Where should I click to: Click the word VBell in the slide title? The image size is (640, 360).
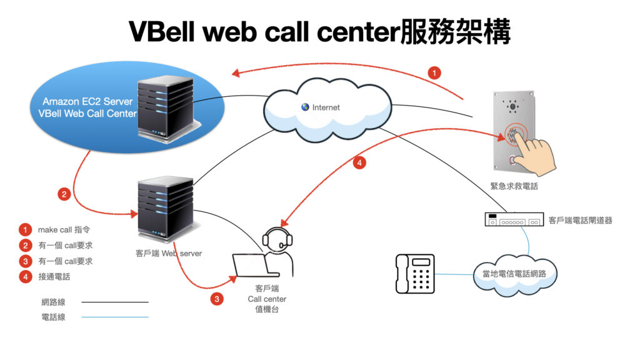164,32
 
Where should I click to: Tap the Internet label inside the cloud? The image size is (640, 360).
326,107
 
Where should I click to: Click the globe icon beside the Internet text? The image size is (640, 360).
305,107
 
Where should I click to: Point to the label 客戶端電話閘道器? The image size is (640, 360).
580,220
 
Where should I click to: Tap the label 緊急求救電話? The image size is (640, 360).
514,186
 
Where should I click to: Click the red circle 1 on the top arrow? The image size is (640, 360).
434,72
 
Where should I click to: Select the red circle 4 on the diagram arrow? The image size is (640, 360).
359,163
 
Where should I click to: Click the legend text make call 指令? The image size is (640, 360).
64,230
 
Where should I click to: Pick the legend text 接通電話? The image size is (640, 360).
54,276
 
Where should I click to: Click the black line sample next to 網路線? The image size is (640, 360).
115,302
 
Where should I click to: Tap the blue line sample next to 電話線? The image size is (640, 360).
115,317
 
